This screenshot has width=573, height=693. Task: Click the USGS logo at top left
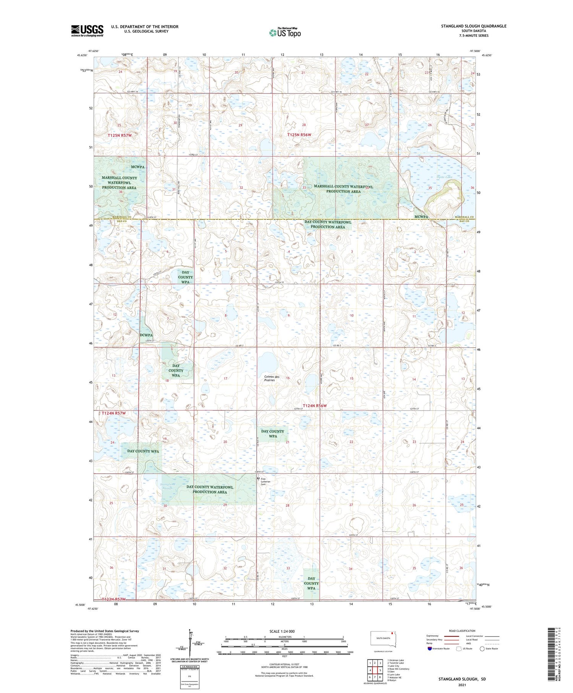point(87,31)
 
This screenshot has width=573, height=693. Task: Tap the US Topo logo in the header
point(285,33)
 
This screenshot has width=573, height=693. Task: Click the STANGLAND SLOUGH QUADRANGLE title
point(474,26)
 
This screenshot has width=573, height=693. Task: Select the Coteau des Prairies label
point(272,378)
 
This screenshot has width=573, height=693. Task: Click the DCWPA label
point(146,335)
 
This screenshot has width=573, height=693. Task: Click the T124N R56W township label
point(315,406)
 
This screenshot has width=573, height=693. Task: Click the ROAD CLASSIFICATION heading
point(462,631)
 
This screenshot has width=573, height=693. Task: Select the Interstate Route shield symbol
point(430,648)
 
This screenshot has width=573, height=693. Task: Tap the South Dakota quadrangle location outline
point(383,639)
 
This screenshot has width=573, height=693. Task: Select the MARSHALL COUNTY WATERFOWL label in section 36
point(119,183)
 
